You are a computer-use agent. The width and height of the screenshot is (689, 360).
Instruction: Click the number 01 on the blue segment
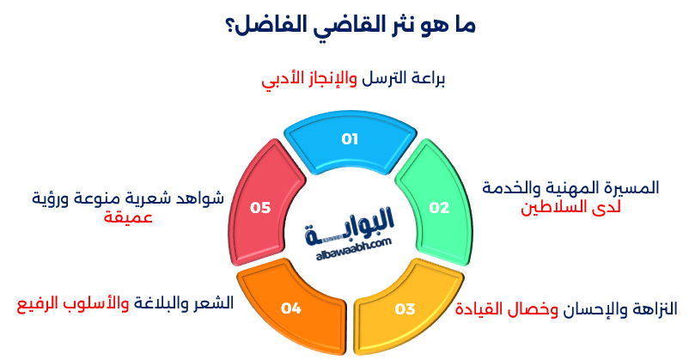(x=350, y=139)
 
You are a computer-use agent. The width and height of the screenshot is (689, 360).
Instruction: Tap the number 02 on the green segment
(x=439, y=208)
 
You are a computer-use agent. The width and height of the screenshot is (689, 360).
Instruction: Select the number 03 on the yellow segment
(x=405, y=308)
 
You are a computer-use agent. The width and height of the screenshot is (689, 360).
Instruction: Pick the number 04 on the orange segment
(x=291, y=308)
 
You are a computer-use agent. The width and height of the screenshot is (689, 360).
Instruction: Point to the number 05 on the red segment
(x=260, y=208)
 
